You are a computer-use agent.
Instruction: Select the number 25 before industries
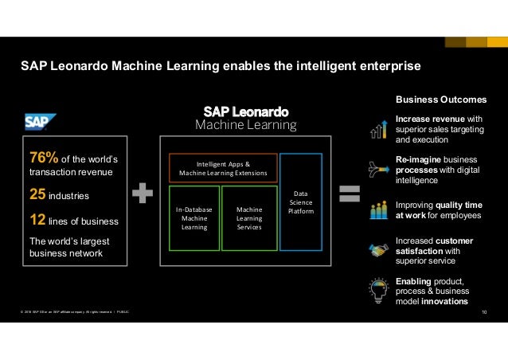coord(37,194)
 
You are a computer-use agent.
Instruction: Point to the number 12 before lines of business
coord(37,220)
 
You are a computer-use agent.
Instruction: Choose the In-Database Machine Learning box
coord(194,217)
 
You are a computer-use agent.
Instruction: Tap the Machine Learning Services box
coord(248,217)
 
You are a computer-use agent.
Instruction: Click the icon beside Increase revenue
coord(377,127)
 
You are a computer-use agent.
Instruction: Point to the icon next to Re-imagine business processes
coord(377,168)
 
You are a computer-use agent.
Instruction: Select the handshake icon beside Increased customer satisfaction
coord(377,250)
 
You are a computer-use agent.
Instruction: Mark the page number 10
coord(487,312)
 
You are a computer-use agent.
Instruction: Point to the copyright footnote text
coord(72,311)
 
